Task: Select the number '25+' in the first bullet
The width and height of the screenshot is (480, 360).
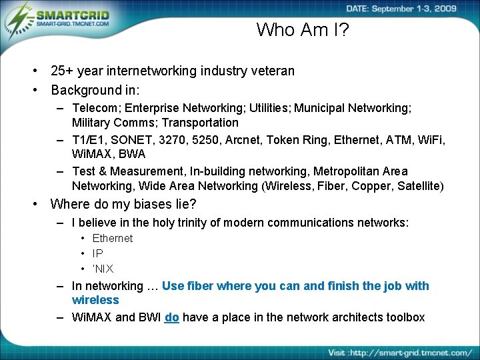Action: (x=63, y=71)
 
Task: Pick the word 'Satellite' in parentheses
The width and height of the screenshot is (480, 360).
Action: (x=417, y=185)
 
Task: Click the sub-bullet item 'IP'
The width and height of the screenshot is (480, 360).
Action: (x=98, y=253)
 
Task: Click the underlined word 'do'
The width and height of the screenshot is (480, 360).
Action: (x=171, y=317)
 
